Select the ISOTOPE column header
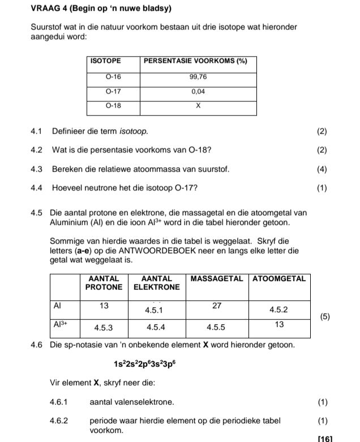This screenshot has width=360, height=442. pos(105,61)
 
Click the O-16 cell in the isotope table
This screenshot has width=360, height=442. pos(113,76)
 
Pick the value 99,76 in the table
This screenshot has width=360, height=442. pos(198,76)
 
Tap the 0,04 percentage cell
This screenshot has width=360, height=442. pos(198,91)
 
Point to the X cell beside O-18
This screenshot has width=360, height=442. pos(198,106)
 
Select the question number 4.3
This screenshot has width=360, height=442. pos(37,169)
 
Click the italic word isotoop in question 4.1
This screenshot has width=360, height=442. pos(134,131)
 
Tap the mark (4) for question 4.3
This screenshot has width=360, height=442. pos(322,169)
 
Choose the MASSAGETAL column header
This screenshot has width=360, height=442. pos(217,279)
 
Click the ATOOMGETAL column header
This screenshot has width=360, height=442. pos(278,279)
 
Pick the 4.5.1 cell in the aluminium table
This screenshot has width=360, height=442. pos(153,311)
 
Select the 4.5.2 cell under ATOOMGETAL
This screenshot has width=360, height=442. pos(278,310)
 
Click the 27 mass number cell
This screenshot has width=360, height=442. pos(217,305)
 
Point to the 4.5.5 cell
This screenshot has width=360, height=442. pos(216,328)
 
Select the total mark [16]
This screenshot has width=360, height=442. pos(325,438)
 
